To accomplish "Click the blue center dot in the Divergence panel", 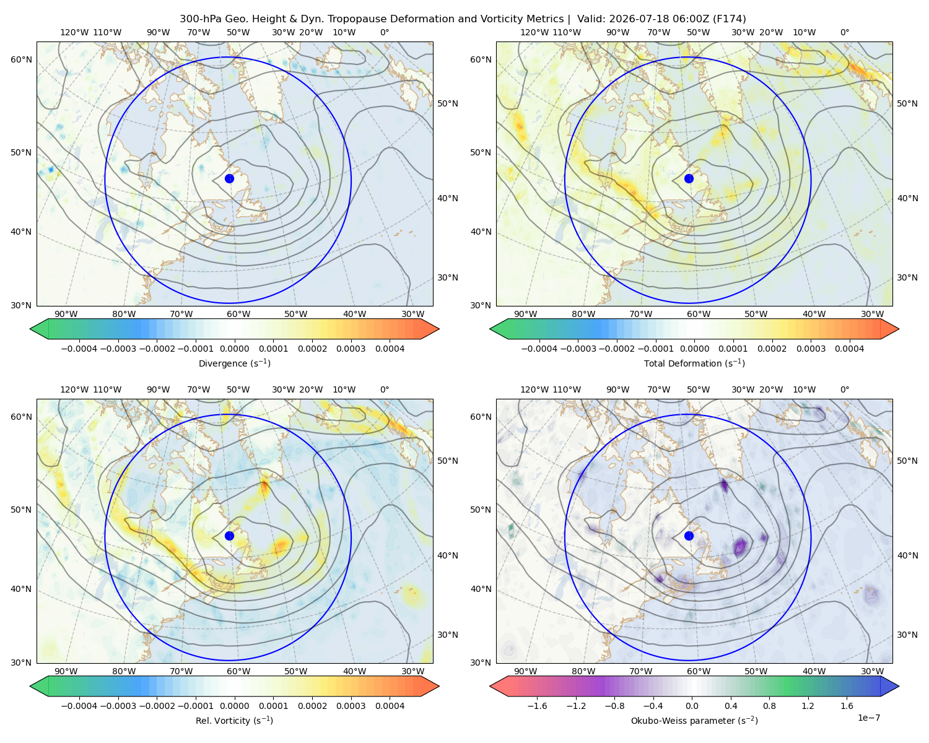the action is [x=229, y=179].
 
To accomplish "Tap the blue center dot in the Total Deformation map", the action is [x=689, y=179].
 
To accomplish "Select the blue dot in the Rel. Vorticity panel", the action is [x=229, y=536].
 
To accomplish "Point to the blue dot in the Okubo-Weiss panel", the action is [x=689, y=536].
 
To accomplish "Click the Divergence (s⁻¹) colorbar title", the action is [x=234, y=363].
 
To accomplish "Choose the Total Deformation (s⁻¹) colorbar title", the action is [x=694, y=363].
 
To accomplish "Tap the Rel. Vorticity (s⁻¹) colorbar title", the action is [x=234, y=721].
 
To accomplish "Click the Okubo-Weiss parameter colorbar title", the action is [x=694, y=721].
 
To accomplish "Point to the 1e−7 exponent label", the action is [x=868, y=718].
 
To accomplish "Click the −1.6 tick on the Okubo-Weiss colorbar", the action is [x=537, y=706].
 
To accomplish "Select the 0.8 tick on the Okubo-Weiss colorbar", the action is [x=769, y=706].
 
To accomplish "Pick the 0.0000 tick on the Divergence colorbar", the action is [x=234, y=349].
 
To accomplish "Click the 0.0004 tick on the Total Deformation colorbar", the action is [x=850, y=349].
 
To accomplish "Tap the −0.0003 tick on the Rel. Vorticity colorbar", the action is [x=118, y=706].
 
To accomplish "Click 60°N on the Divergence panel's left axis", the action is [x=21, y=59].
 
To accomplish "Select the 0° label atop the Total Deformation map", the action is [x=844, y=32].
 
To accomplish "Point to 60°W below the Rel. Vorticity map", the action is [x=238, y=671].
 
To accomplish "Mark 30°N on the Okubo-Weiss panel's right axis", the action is [x=448, y=635].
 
